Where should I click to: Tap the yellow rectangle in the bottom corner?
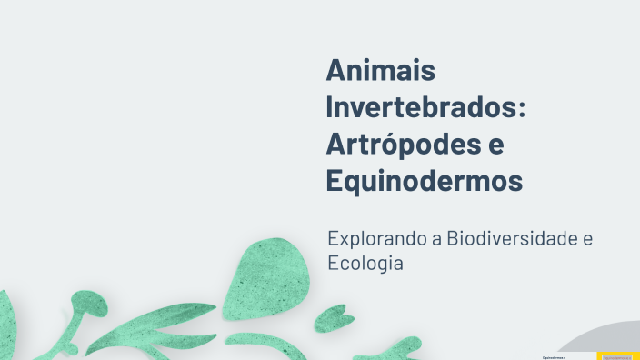(x=617, y=355)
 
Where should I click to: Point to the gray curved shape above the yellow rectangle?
(x=604, y=337)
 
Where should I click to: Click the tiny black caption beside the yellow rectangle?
(x=554, y=357)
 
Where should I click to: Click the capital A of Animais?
(x=336, y=70)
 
